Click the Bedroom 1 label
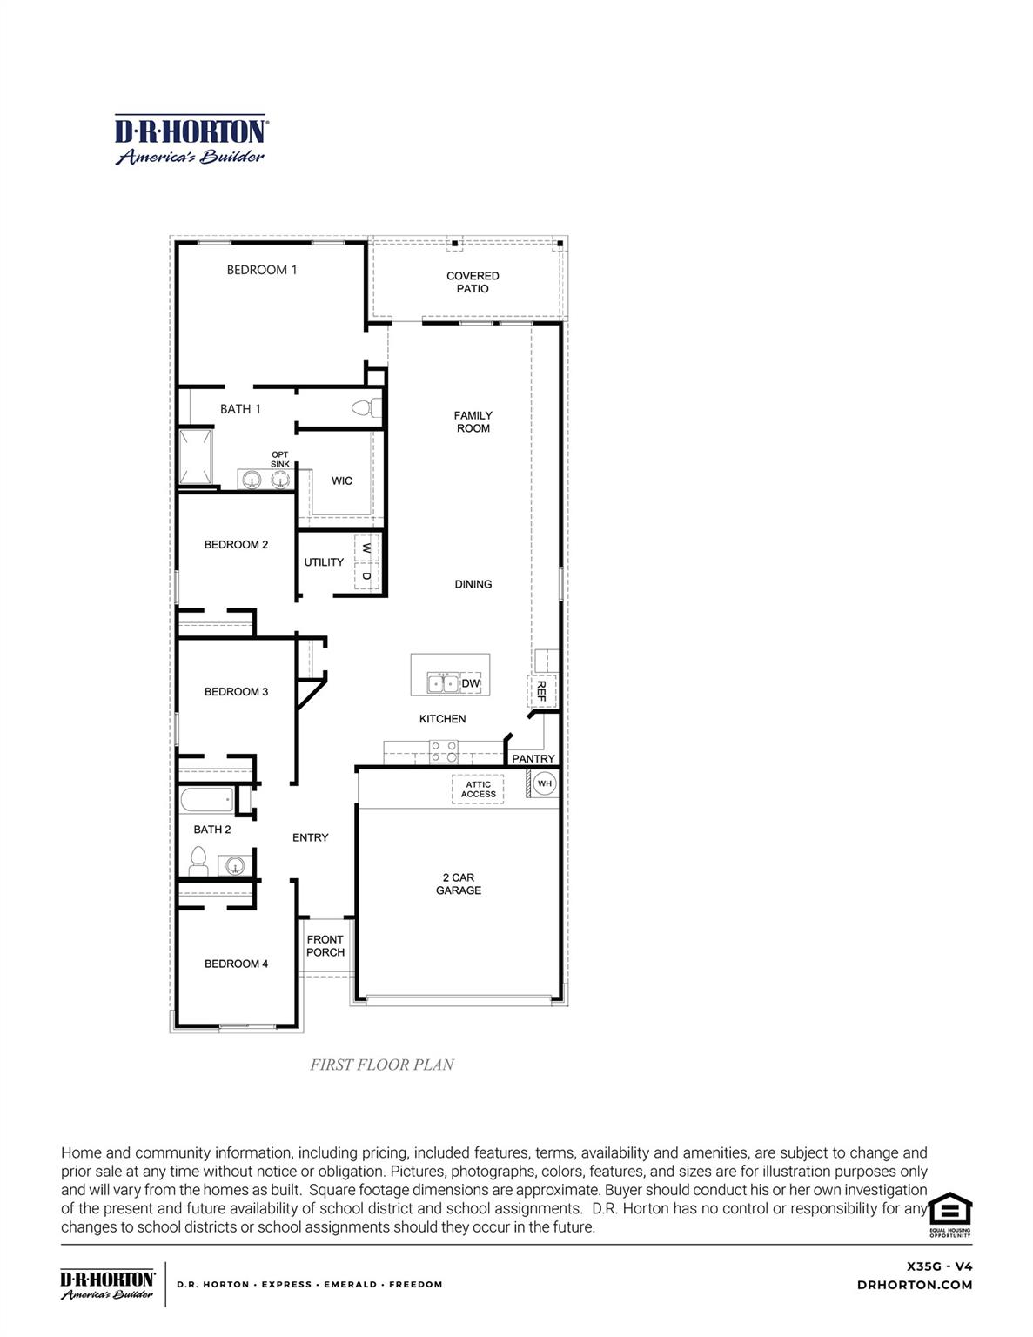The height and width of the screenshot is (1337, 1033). [x=262, y=270]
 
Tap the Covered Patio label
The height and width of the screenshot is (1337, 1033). [x=473, y=282]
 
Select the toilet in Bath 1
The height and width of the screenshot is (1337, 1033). [x=370, y=407]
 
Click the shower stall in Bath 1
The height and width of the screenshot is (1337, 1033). [x=196, y=456]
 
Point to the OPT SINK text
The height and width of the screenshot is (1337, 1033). [x=279, y=459]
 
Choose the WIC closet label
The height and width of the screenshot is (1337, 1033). [x=342, y=480]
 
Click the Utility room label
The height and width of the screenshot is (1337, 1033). [x=324, y=562]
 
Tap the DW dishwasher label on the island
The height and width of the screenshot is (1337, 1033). [x=470, y=683]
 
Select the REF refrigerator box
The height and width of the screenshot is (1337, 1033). [x=540, y=691]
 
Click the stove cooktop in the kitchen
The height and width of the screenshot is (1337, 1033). [x=443, y=751]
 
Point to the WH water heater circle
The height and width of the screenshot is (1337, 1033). [x=544, y=783]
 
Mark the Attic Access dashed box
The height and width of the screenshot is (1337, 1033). [x=478, y=789]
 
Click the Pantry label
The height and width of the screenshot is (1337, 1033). [x=533, y=758]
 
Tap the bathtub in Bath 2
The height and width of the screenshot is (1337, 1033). [x=206, y=799]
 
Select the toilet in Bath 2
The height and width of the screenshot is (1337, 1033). [x=198, y=861]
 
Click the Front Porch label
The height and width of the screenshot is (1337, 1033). [x=325, y=945]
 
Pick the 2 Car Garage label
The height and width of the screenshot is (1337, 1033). [x=459, y=883]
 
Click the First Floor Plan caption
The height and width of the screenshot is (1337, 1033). [x=382, y=1065]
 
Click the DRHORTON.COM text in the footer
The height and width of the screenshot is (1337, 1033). [x=915, y=1285]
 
